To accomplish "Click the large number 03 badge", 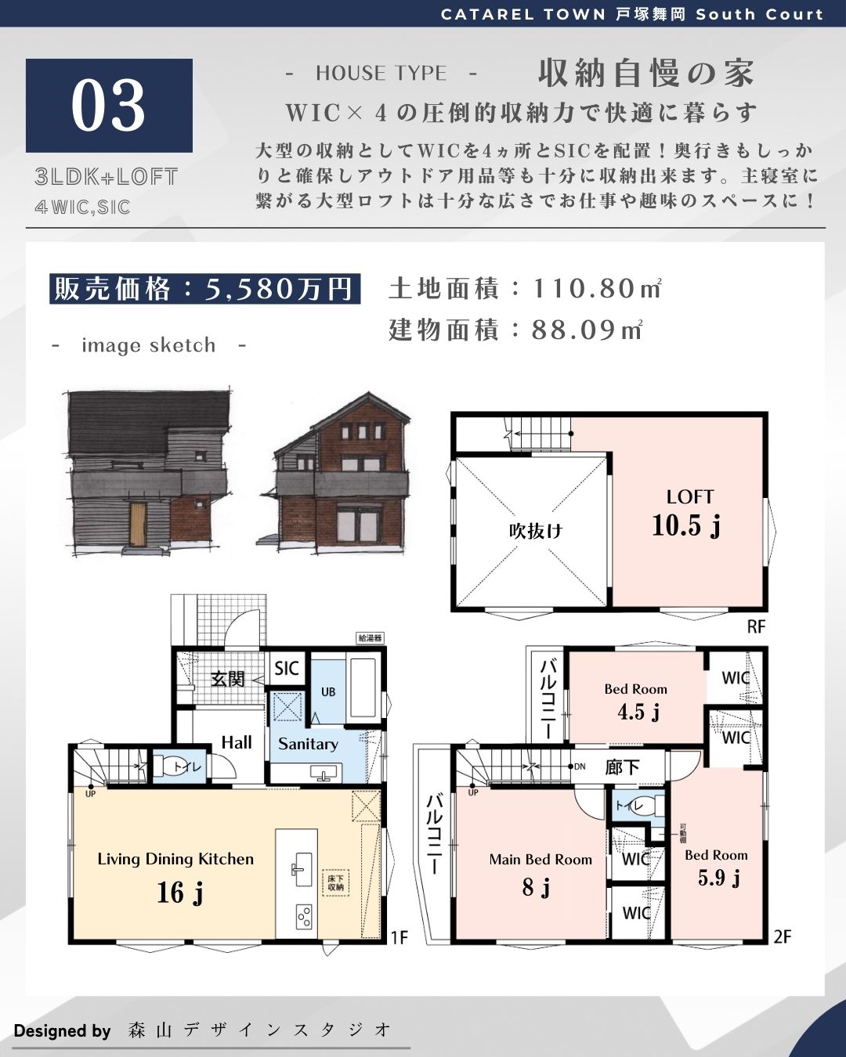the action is pyautogui.click(x=109, y=106).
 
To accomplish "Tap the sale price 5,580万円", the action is pyautogui.click(x=279, y=289).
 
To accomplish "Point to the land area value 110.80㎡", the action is pyautogui.click(x=597, y=288).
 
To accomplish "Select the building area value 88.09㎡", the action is pyautogui.click(x=587, y=330).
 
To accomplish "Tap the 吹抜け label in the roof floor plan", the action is pyautogui.click(x=535, y=531).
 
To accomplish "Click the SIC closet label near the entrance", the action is pyautogui.click(x=287, y=669).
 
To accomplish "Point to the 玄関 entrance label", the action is pyautogui.click(x=228, y=679).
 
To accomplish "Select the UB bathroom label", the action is pyautogui.click(x=328, y=691).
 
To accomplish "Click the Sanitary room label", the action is pyautogui.click(x=308, y=744).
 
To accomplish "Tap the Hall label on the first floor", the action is pyautogui.click(x=237, y=742).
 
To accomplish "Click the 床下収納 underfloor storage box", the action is pyautogui.click(x=336, y=882).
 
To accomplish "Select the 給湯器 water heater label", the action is pyautogui.click(x=371, y=638).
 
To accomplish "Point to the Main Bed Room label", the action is pyautogui.click(x=540, y=859).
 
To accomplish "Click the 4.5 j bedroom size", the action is pyautogui.click(x=638, y=711).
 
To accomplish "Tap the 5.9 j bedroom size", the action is pyautogui.click(x=718, y=877).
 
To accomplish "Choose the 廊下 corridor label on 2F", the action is pyautogui.click(x=622, y=767).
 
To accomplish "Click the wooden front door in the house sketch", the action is pyautogui.click(x=138, y=524).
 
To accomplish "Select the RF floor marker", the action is pyautogui.click(x=756, y=626).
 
